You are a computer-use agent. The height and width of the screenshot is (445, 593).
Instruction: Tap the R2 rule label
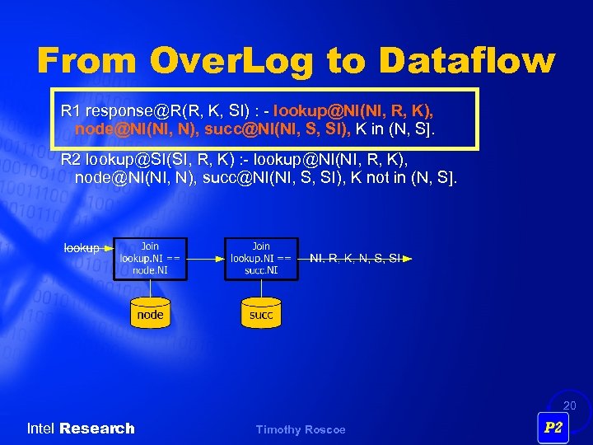tap(72, 160)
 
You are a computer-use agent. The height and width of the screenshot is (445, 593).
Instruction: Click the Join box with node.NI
tap(150, 258)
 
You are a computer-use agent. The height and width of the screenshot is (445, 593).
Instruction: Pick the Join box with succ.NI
tap(261, 258)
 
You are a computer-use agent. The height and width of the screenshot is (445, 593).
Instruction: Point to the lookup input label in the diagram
tap(82, 247)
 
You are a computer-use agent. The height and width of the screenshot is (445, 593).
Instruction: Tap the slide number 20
tap(570, 405)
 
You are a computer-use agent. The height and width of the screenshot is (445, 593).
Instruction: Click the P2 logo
tap(553, 427)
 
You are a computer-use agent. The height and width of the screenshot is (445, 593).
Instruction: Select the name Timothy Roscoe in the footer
tap(301, 429)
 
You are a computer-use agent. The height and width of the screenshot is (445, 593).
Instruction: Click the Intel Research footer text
tap(81, 429)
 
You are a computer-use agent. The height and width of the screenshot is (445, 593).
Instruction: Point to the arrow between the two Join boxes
tap(205, 258)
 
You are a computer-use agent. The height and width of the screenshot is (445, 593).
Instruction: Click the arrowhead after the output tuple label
tap(407, 258)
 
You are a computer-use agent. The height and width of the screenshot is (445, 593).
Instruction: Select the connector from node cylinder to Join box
tap(150, 289)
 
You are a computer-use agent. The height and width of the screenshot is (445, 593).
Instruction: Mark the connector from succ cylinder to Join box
tap(261, 289)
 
